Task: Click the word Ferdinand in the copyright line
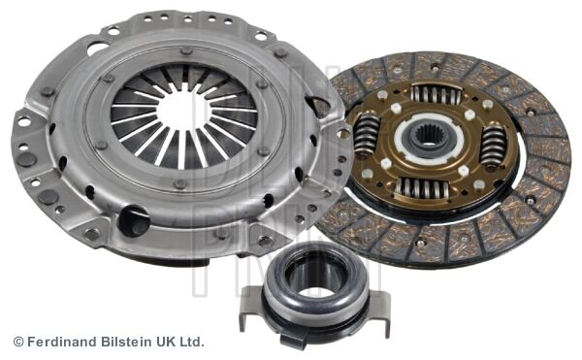59,342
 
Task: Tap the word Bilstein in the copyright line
125,342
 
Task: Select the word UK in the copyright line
166,342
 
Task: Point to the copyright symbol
17,342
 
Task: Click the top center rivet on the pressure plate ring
184,50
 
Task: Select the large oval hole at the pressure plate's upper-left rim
98,46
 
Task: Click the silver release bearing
313,290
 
